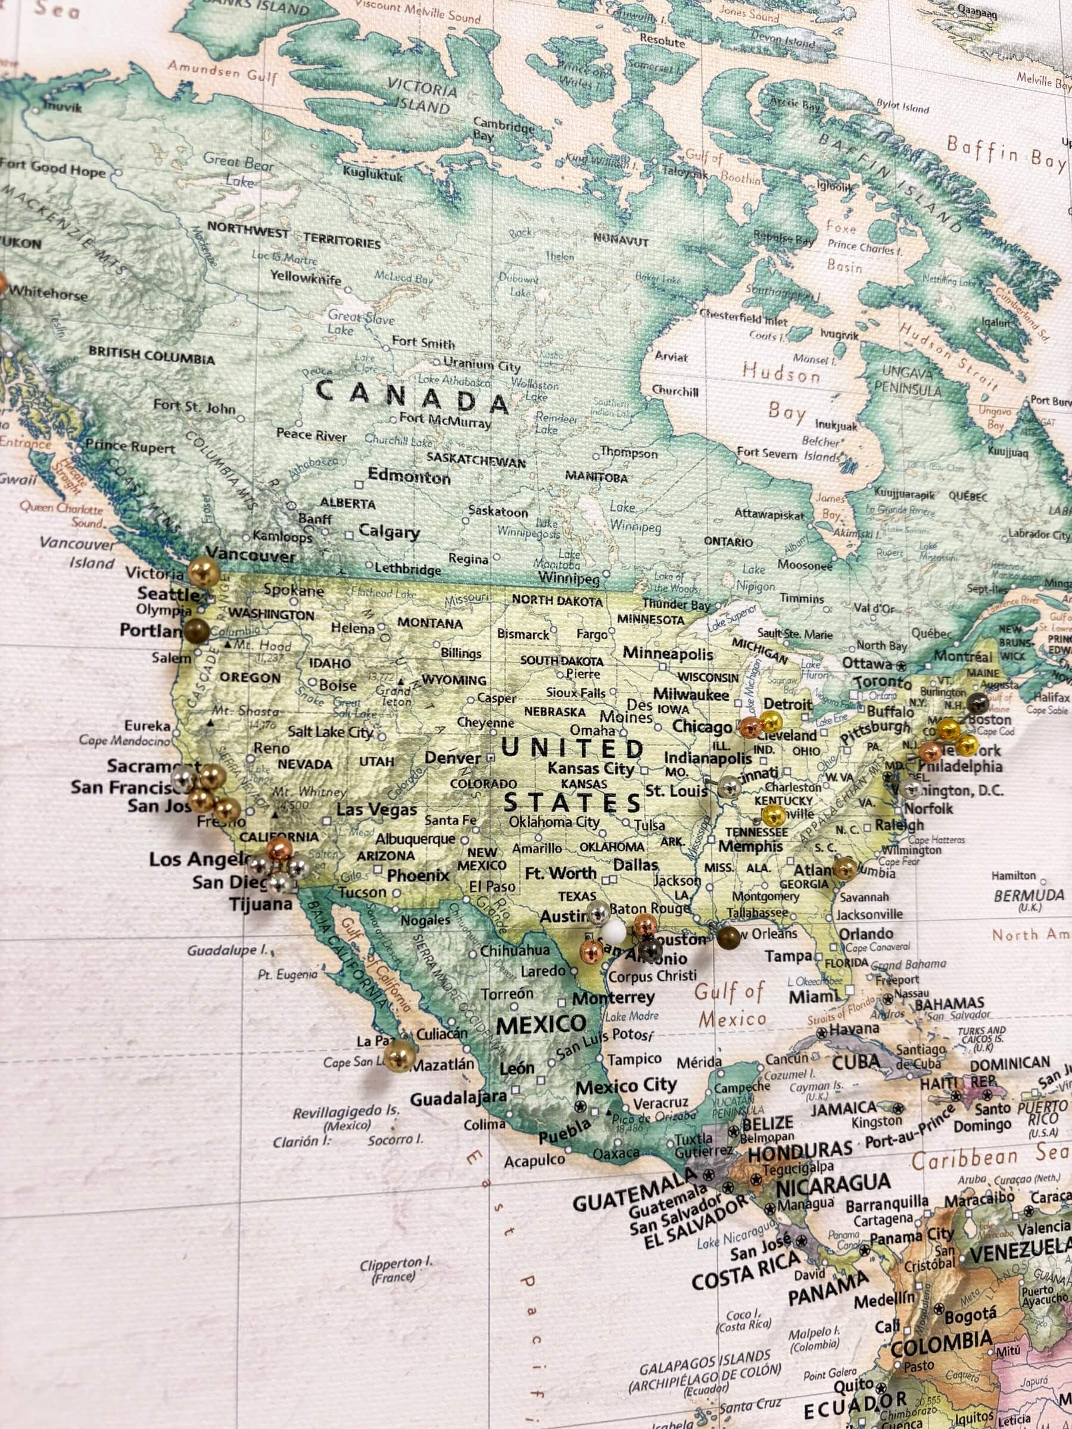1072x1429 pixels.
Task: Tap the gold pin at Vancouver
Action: click(x=204, y=572)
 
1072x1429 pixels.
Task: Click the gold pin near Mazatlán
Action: click(x=398, y=1055)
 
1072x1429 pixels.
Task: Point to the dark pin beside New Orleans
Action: click(x=728, y=936)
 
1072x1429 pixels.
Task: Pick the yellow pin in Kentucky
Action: click(x=774, y=816)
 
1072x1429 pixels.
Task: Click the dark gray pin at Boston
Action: click(x=976, y=703)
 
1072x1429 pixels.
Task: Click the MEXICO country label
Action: click(x=541, y=1025)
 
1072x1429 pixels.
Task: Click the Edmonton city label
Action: click(x=409, y=477)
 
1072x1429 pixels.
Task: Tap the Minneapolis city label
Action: click(x=668, y=654)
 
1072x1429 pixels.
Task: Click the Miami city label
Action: click(x=812, y=997)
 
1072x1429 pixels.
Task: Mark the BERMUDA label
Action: click(x=1029, y=896)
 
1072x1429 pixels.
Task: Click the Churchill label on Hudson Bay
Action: click(x=675, y=391)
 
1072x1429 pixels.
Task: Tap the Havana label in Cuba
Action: click(x=853, y=1028)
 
